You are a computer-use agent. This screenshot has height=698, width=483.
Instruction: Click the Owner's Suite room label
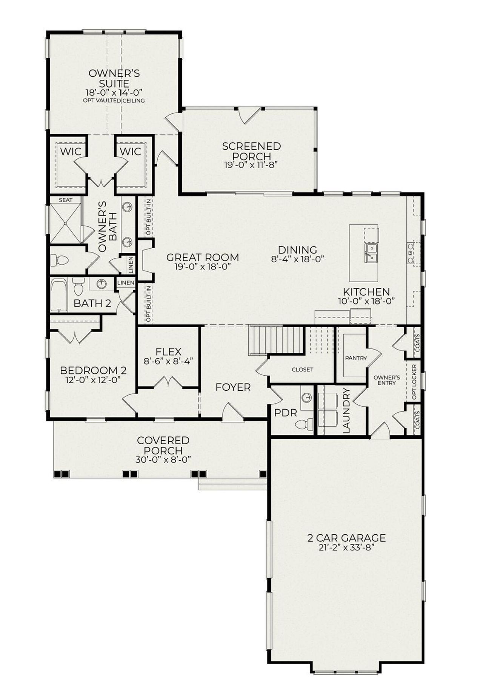pos(114,78)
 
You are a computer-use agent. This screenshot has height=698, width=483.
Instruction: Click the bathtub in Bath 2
pos(58,295)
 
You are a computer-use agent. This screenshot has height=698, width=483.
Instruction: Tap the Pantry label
pos(356,358)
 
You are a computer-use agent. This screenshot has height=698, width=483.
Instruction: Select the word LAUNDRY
pos(346,411)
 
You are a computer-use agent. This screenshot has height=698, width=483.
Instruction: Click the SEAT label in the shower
pos(65,200)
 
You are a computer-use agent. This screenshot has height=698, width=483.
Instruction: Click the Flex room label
pos(168,351)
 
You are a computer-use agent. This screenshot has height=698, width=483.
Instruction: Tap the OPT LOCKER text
pos(414,382)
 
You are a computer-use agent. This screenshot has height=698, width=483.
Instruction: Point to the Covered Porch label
pos(163,446)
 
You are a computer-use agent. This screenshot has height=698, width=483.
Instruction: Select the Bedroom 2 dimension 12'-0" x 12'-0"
pos(93,380)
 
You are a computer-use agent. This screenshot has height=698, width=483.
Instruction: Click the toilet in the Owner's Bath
pos(60,260)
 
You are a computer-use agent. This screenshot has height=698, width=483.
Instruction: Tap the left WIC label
pos(71,152)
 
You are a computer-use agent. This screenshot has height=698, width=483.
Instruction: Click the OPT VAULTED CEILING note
pos(114,101)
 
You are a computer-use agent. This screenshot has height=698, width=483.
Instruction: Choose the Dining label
pos(297,250)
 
